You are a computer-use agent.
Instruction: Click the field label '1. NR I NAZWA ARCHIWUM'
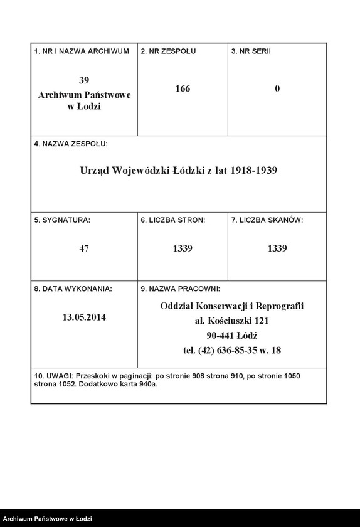tap(82, 51)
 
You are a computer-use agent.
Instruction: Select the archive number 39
tap(85, 80)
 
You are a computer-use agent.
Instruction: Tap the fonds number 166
tap(183, 88)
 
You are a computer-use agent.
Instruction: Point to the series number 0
tap(277, 88)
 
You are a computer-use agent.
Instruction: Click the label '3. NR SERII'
tap(251, 51)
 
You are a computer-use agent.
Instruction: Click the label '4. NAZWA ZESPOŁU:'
tap(71, 144)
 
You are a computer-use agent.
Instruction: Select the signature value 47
tap(85, 248)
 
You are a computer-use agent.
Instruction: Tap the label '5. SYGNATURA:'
tap(62, 220)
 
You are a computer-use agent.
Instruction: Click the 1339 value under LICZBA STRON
tap(183, 248)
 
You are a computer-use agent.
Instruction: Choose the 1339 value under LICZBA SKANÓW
tap(277, 248)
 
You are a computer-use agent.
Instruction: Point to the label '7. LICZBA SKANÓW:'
tap(267, 220)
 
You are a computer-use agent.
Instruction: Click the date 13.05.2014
tap(85, 317)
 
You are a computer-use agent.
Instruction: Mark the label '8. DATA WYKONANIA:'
tap(73, 289)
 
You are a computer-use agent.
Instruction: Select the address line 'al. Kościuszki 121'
tap(231, 321)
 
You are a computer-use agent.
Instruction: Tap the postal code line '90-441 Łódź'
tap(231, 336)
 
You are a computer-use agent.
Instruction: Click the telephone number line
tap(231, 351)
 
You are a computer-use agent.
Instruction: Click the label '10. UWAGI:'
tap(53, 376)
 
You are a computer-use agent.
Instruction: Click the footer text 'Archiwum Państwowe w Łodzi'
tap(47, 519)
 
